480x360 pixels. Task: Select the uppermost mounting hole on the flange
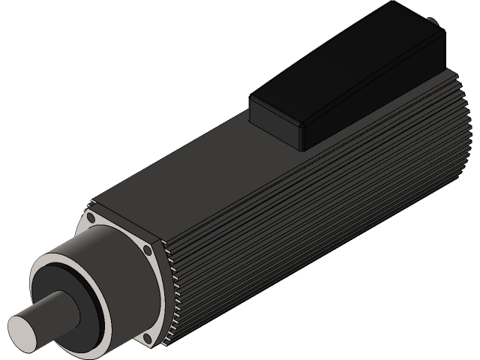point(91,217)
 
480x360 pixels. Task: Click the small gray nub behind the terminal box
point(430,22)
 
